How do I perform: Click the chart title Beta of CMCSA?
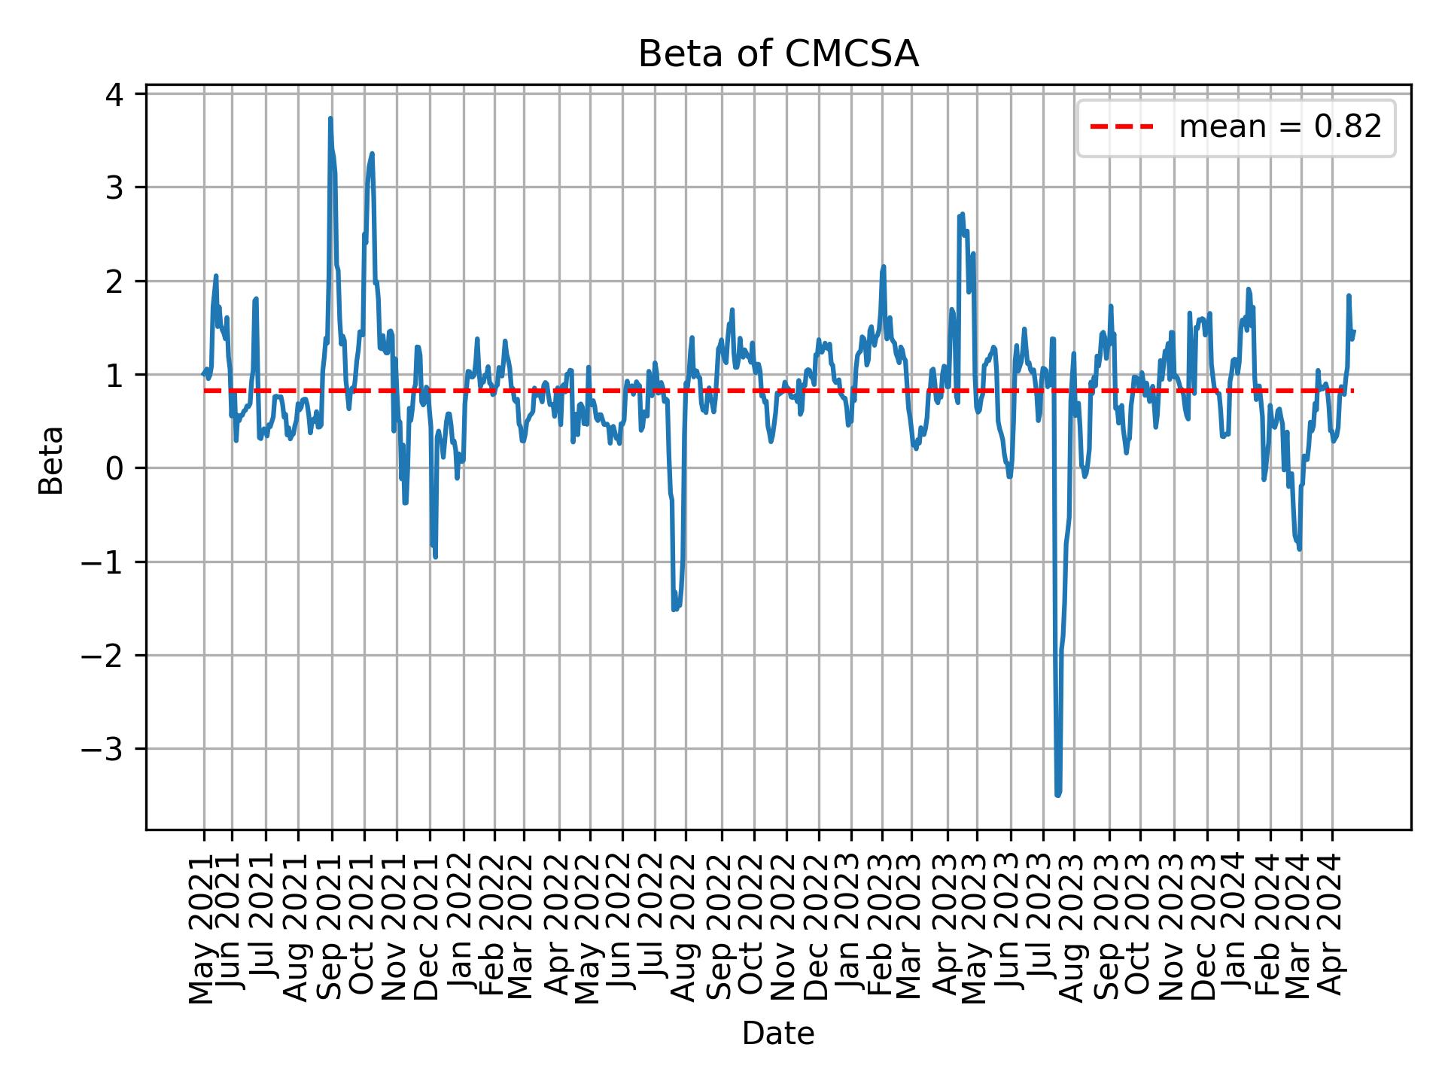click(778, 54)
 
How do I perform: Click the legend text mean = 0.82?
click(1279, 127)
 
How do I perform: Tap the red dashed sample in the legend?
click(1121, 127)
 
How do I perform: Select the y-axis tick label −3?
click(105, 749)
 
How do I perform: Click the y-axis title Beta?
click(51, 460)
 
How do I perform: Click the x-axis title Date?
click(778, 1034)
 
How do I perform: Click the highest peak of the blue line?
click(330, 118)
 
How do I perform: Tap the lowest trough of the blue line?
click(1057, 795)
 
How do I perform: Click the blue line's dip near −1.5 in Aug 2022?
click(675, 608)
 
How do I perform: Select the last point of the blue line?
click(1354, 330)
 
